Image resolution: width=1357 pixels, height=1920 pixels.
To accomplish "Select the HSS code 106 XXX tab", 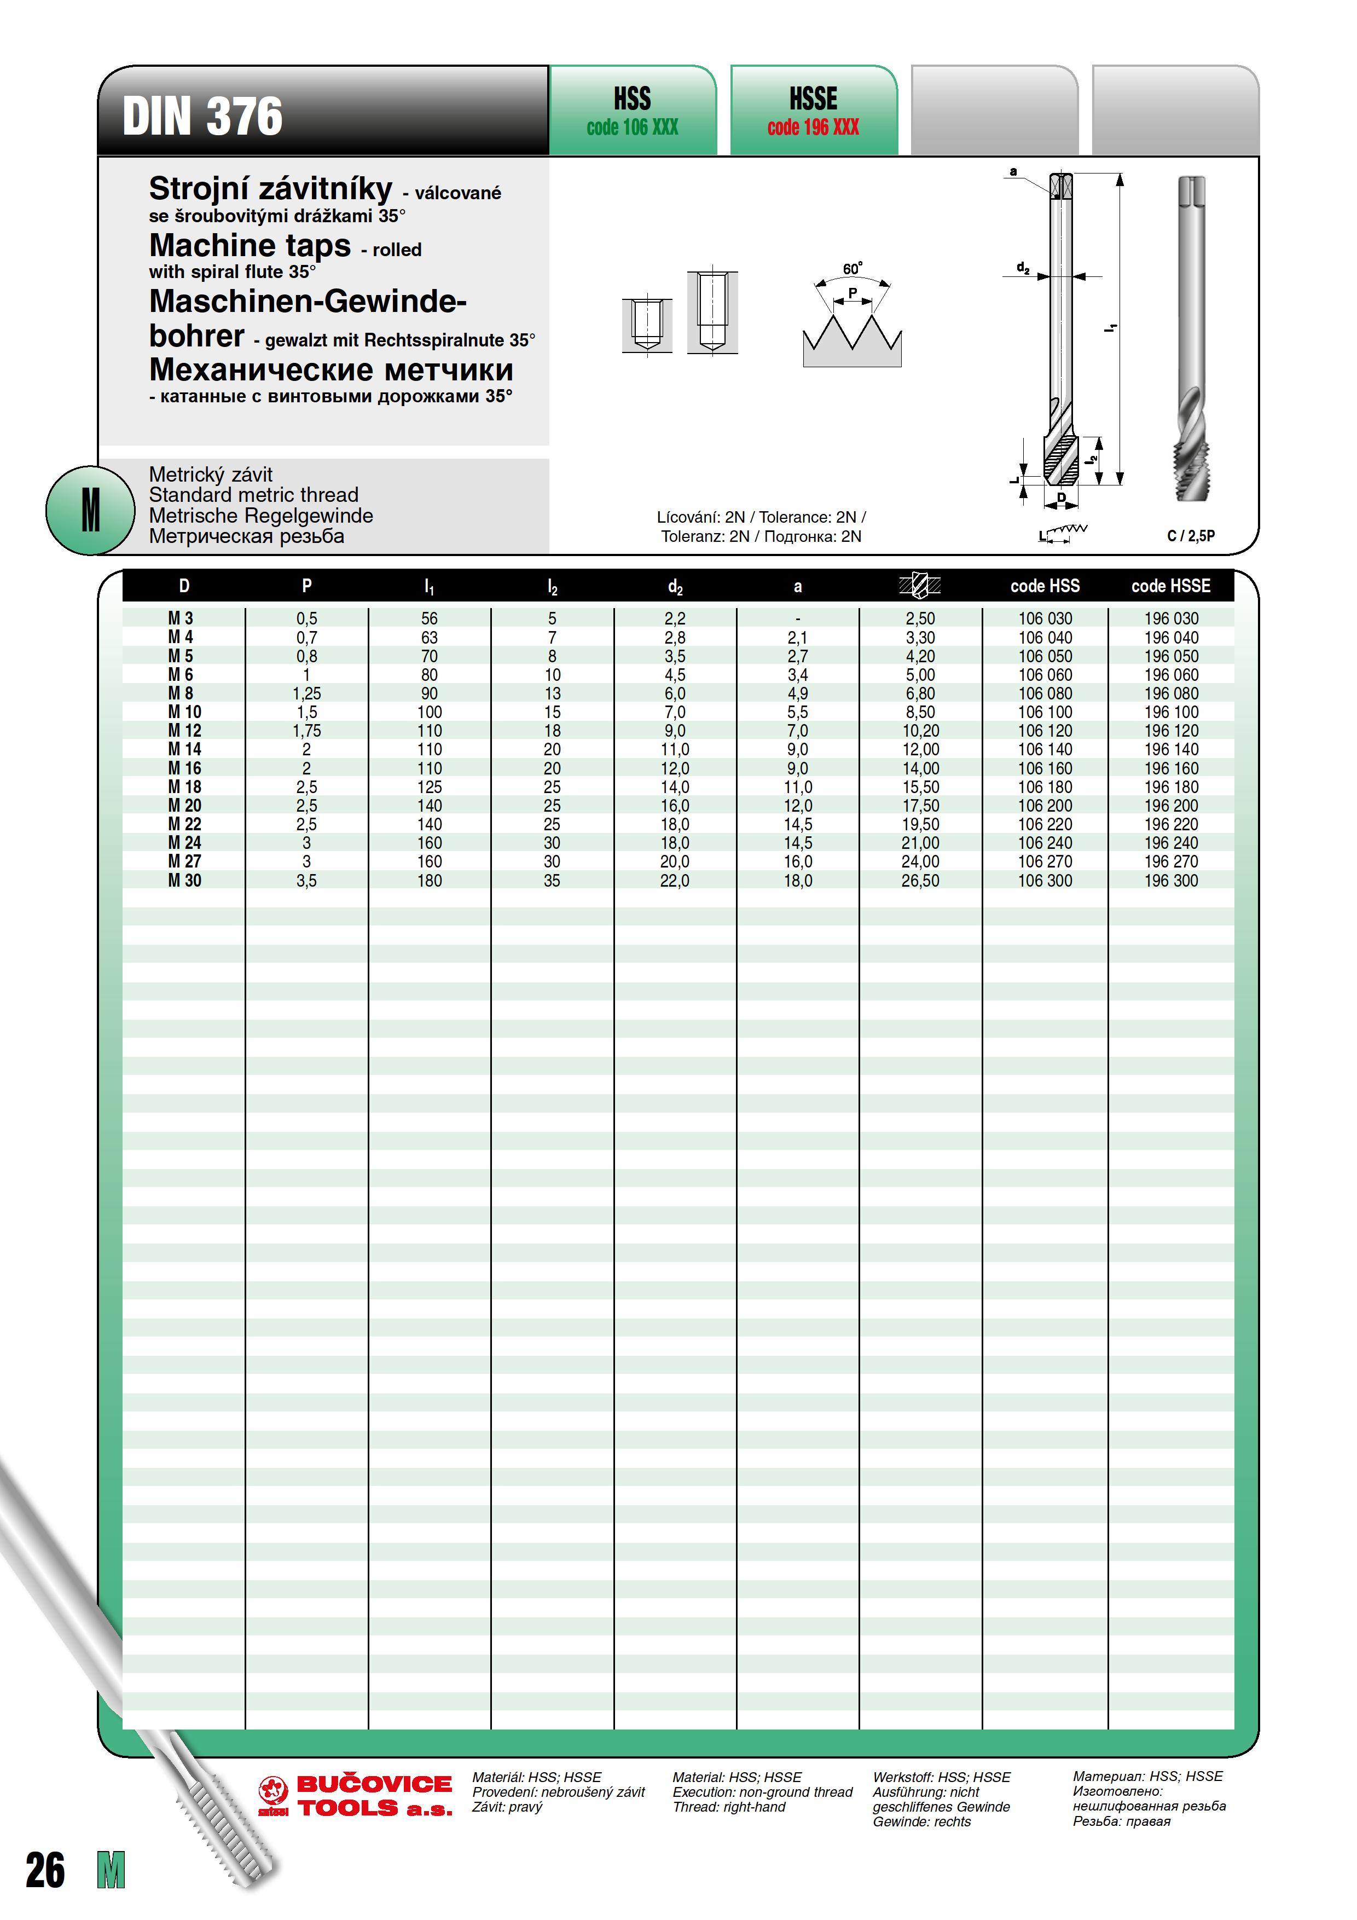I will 632,111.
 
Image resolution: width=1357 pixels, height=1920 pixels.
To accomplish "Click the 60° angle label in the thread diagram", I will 852,268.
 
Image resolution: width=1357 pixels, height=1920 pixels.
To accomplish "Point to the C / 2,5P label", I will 1191,535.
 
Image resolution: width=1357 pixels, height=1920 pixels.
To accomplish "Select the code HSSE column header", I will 1170,586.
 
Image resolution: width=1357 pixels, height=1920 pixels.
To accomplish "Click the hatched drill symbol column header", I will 920,586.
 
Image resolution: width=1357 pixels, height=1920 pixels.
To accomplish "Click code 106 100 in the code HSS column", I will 1045,713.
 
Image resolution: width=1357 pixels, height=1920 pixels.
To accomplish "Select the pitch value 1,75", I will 307,731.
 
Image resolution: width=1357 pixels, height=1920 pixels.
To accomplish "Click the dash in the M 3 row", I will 798,620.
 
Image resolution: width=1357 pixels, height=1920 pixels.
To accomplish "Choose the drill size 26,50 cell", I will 920,881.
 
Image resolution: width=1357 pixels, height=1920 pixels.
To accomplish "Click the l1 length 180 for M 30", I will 429,881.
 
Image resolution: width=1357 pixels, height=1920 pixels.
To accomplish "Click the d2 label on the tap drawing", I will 1023,268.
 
